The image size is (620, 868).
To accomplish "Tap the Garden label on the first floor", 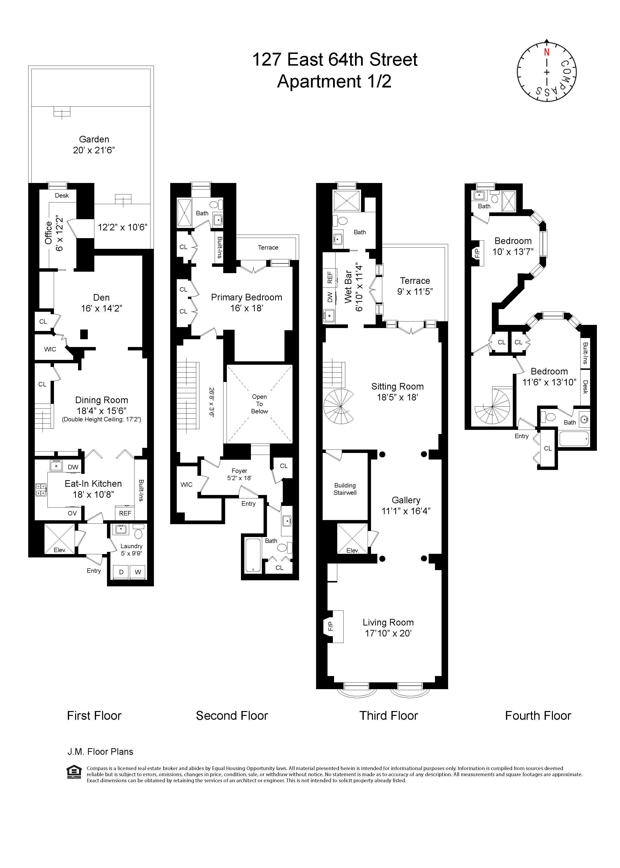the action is (x=94, y=139).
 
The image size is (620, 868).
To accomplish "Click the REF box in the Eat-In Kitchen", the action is (x=125, y=513).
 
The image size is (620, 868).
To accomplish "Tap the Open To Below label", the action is (x=260, y=404).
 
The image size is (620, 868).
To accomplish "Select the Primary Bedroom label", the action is (x=247, y=297).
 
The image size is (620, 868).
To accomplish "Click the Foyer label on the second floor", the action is (x=239, y=471).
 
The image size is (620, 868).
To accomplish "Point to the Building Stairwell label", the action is (x=345, y=489).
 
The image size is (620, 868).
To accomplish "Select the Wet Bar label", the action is (x=348, y=287).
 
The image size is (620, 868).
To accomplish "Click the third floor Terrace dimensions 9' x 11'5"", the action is (x=415, y=292).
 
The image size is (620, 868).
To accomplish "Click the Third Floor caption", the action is (x=389, y=716).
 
